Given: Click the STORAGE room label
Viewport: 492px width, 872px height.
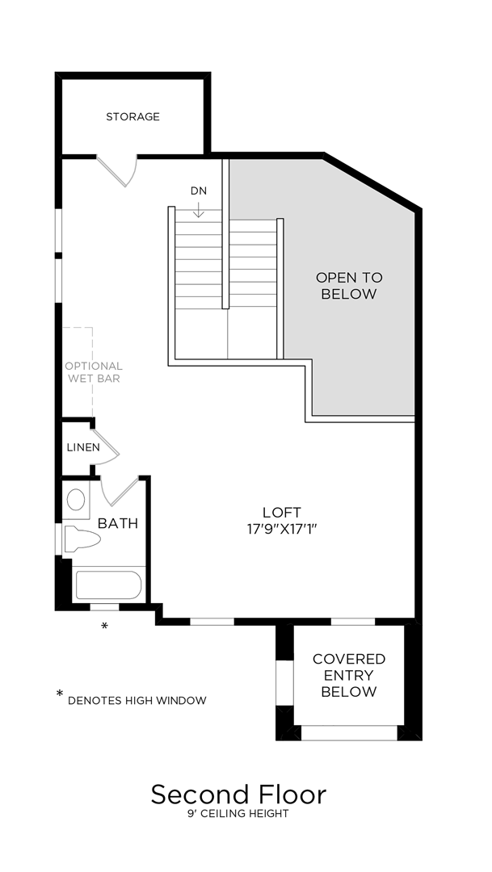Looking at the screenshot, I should coord(132,117).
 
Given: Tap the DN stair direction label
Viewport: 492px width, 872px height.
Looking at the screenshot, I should coord(199,191).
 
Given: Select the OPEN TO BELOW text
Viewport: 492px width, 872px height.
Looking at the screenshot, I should coord(348,286).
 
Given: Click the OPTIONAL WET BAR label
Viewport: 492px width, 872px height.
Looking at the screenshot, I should coord(94,372).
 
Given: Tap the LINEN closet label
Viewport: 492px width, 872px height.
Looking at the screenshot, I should coord(84,447).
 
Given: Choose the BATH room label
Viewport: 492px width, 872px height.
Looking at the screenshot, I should coord(118,523).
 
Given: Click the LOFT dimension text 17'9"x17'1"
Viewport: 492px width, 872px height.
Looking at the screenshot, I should coord(281,530).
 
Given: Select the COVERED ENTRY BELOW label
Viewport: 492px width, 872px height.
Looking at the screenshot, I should coord(348,675).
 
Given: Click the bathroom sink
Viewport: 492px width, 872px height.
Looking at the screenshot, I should coord(76,500).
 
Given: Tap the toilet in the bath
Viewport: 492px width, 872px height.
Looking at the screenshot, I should coord(82,539).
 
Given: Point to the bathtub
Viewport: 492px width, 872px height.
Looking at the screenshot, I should coord(108,585).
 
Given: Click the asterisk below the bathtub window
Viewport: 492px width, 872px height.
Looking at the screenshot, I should coord(103,627).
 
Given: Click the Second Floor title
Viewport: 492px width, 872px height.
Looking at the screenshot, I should coord(238,794).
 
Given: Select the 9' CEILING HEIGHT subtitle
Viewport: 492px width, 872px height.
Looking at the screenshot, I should coord(238,814).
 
